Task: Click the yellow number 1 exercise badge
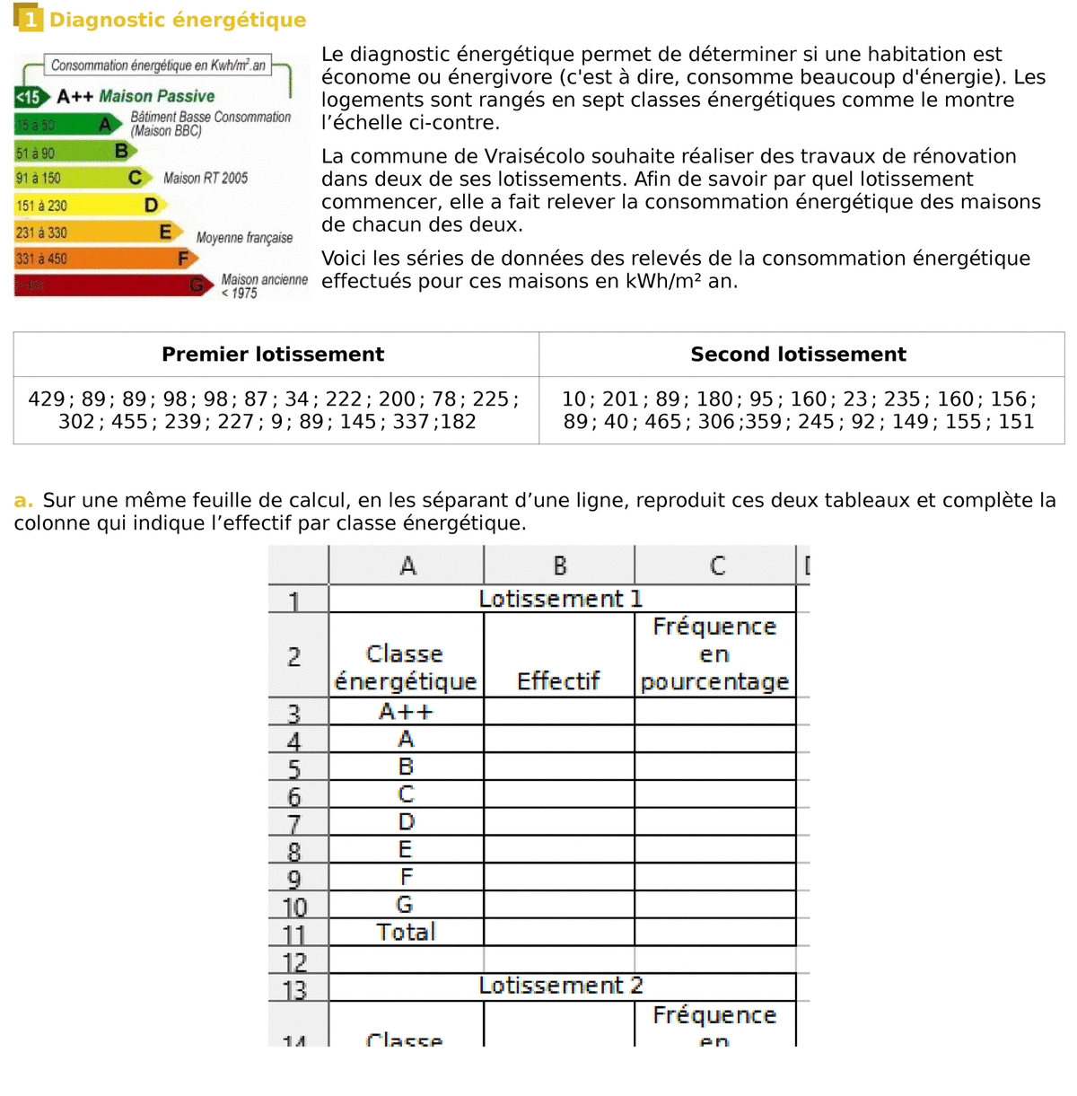[x=30, y=19]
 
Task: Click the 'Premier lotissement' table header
[x=273, y=355]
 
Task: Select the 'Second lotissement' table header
[x=798, y=355]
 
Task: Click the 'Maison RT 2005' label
[x=206, y=178]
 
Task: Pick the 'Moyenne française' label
[x=244, y=238]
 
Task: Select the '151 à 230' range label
[x=41, y=206]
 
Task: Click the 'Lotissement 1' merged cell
[x=561, y=599]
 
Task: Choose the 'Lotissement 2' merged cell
[x=561, y=986]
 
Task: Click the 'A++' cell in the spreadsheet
[x=406, y=712]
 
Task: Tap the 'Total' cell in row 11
[x=406, y=932]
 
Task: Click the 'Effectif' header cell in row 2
[x=558, y=681]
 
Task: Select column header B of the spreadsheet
[x=559, y=566]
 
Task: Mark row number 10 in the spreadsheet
[x=295, y=907]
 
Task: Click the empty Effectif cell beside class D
[x=558, y=822]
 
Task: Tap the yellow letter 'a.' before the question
[x=23, y=501]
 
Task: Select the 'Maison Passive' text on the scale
[x=157, y=96]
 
